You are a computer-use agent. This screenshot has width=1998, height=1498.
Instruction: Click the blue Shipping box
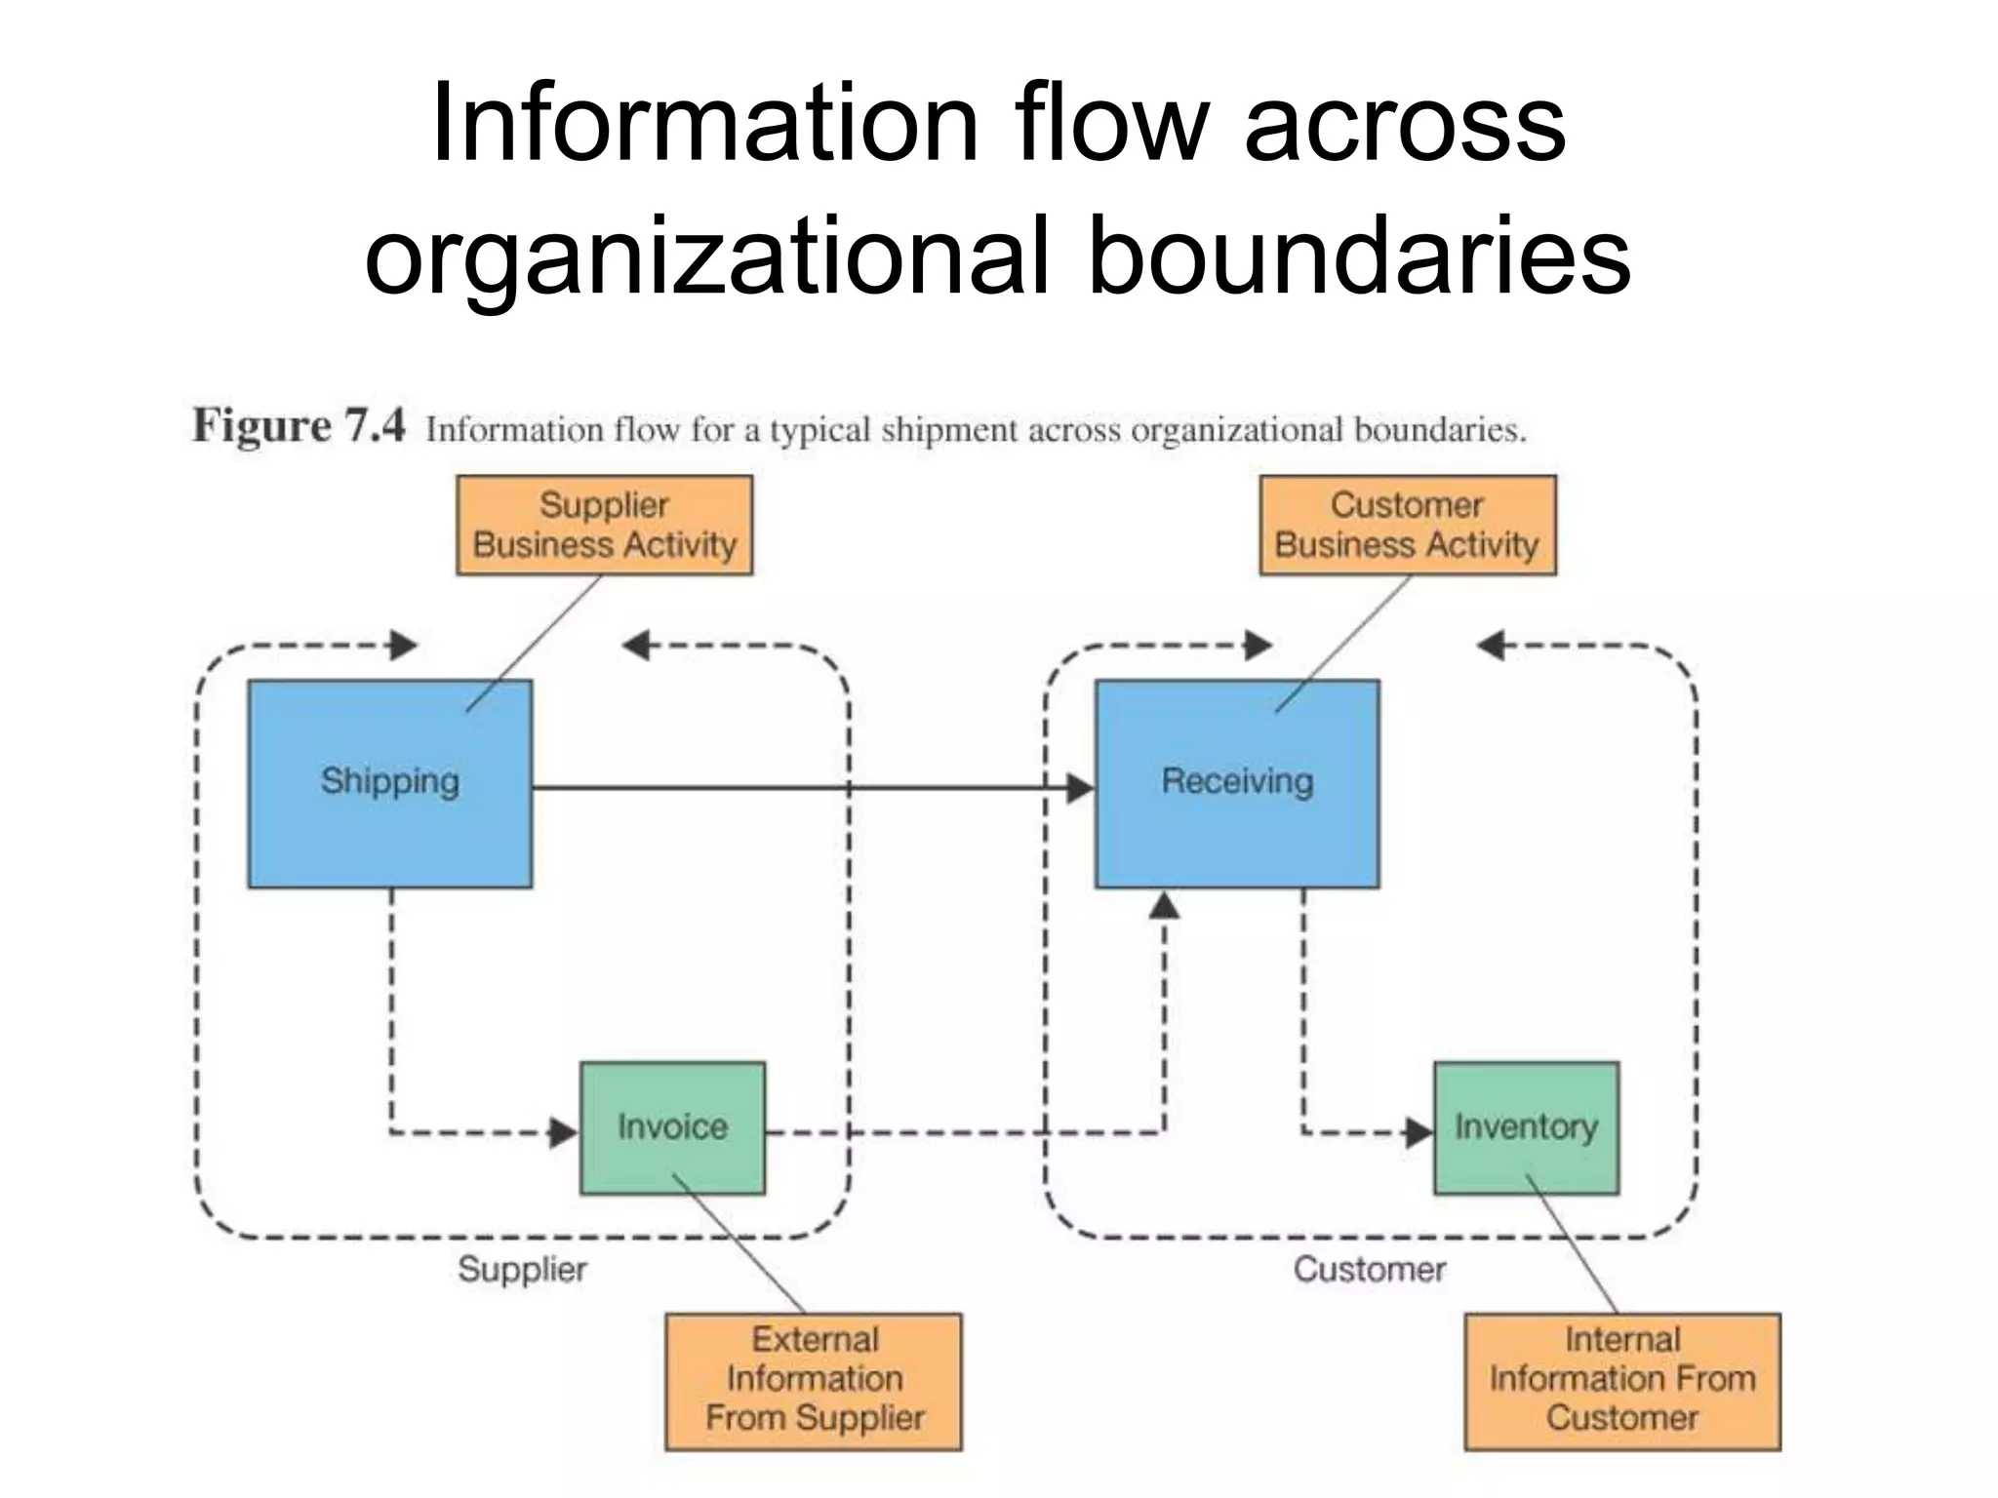389,783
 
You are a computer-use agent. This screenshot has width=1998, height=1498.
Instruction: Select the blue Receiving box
1236,783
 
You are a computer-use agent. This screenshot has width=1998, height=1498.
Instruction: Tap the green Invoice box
672,1127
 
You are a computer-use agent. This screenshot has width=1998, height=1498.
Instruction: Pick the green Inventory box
1526,1127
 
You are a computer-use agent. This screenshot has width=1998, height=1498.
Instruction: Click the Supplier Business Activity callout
604,525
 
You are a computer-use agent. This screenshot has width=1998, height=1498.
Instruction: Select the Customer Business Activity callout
1407,525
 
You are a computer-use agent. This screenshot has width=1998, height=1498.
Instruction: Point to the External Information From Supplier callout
814,1380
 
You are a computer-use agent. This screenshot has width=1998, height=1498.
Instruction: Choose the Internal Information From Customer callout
1621,1380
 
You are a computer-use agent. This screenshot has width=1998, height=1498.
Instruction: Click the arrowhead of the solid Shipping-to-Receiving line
1080,788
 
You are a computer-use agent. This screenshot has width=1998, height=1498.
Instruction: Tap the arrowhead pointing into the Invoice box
564,1132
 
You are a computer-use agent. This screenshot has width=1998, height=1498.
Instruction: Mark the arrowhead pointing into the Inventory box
1419,1132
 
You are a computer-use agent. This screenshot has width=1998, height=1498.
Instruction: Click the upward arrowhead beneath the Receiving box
1164,907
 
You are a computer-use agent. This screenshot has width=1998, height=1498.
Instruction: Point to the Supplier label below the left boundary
522,1270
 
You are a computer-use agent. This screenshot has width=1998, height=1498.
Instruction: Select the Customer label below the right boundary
1369,1270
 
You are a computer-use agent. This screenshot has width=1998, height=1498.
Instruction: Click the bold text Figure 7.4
298,426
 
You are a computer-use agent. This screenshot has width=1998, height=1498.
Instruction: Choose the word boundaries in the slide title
1358,256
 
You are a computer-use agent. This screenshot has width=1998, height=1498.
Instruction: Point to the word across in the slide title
1405,125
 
